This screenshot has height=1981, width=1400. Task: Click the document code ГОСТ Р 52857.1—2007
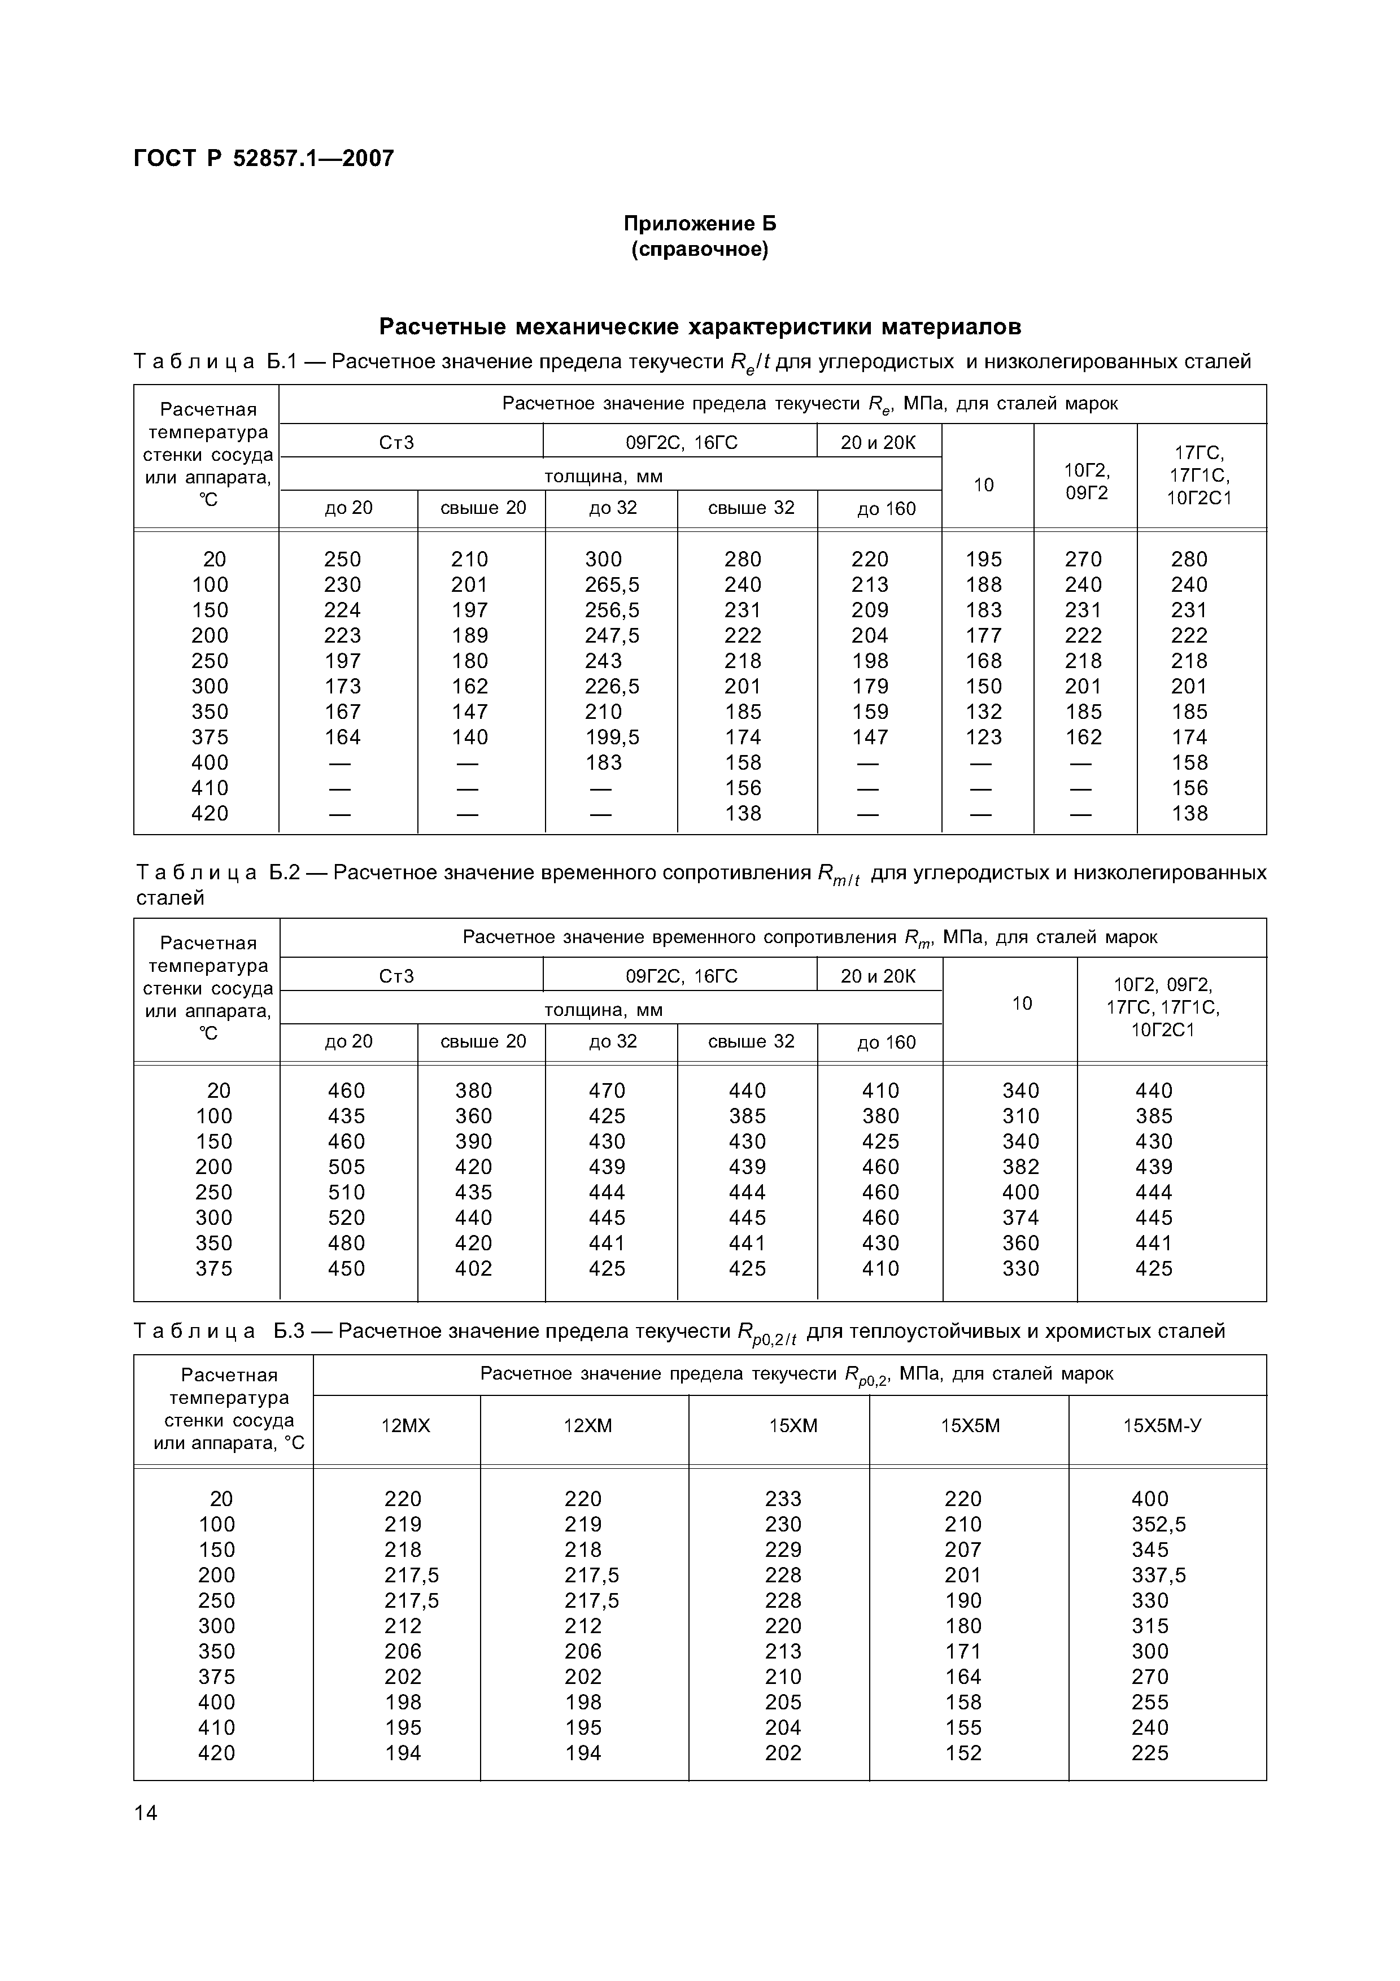tap(264, 159)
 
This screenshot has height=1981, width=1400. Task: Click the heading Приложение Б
tap(700, 224)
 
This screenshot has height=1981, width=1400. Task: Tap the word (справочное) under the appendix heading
tap(700, 250)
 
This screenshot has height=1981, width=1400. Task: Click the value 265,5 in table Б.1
tap(612, 585)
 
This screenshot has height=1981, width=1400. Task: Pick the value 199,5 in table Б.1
tap(612, 738)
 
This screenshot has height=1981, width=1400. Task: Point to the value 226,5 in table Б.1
tap(612, 687)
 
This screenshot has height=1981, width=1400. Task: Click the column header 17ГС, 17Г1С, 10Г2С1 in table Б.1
tap(1200, 475)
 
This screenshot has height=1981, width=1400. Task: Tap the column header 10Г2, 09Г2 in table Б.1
tap(1086, 482)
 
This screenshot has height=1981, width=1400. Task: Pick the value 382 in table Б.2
tap(1020, 1167)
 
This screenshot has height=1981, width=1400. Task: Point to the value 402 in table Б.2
tap(474, 1269)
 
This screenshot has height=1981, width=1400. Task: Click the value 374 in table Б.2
tap(1020, 1218)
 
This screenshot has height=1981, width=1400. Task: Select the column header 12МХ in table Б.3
tap(405, 1426)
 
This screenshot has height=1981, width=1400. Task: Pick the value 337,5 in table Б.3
tap(1158, 1576)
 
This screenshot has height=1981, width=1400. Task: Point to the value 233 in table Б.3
tap(783, 1499)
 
